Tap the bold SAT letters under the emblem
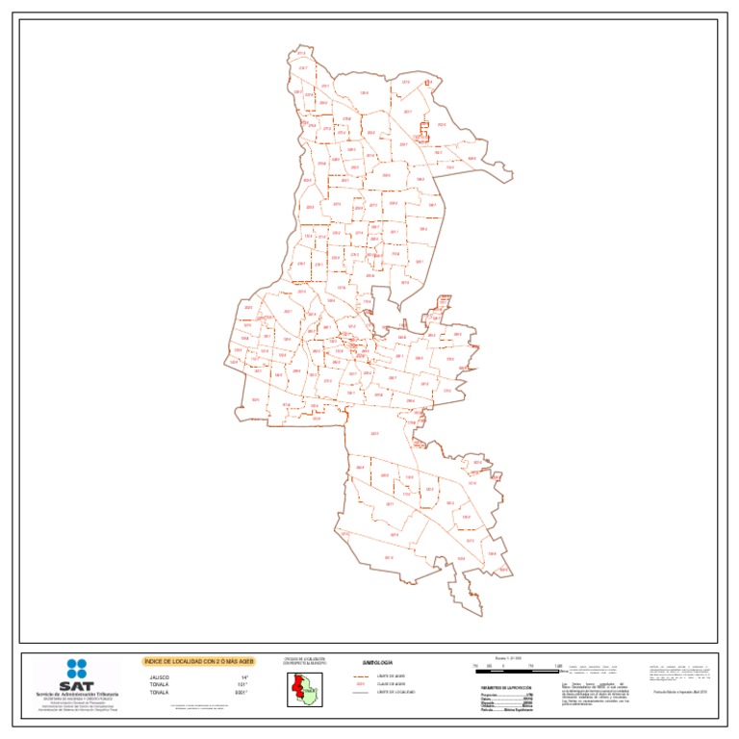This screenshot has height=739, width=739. pos(77,682)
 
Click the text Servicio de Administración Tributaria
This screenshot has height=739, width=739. pos(77,694)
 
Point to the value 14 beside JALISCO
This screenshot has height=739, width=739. pos(244,676)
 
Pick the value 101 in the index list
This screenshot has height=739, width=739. pos(244,684)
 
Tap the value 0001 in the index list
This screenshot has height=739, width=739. pos(242,692)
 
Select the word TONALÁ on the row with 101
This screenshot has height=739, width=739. pos(159,684)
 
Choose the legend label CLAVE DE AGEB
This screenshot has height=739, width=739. pos(391,684)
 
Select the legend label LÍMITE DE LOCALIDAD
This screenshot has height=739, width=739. pos(395,692)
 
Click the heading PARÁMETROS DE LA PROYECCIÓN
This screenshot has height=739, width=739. pos(506,687)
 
